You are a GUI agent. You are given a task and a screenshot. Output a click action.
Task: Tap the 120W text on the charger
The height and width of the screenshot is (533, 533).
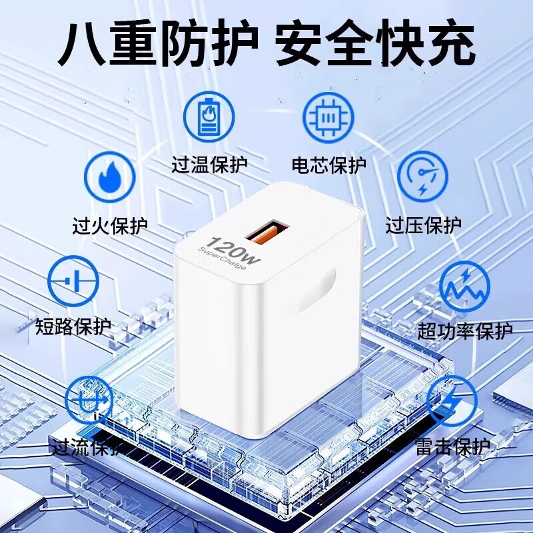(228, 250)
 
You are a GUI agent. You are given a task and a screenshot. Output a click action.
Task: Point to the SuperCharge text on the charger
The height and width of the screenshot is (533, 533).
(222, 260)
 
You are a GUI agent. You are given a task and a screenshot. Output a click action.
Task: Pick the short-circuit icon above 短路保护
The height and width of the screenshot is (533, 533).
(73, 281)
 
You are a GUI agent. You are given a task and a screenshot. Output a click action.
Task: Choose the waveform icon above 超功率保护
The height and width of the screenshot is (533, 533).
(465, 285)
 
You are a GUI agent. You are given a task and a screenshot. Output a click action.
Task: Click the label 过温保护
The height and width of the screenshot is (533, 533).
(209, 165)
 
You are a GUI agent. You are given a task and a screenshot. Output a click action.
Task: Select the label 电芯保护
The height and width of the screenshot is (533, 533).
(329, 165)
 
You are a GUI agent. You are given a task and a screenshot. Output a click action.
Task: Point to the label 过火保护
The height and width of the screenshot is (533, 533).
(109, 225)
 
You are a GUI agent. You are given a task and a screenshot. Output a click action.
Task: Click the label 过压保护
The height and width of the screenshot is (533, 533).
(423, 225)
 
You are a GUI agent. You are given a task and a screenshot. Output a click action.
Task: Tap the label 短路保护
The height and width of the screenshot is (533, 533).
(73, 327)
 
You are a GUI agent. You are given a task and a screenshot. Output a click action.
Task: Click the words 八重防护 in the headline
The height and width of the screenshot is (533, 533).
(157, 44)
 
